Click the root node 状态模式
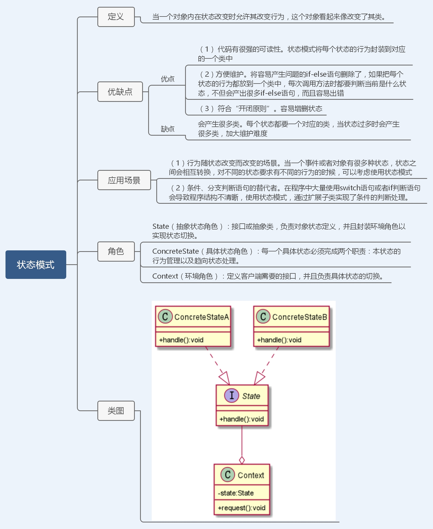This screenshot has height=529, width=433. pyautogui.click(x=36, y=264)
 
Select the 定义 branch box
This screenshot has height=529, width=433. pyautogui.click(x=116, y=17)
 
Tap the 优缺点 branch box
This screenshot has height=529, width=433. pyautogui.click(x=120, y=92)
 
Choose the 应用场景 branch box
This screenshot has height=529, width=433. pyautogui.click(x=124, y=180)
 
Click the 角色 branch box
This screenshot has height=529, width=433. pyautogui.click(x=116, y=251)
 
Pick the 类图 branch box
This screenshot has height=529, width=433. pyautogui.click(x=116, y=411)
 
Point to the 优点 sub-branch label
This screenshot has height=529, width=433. pyautogui.click(x=168, y=79)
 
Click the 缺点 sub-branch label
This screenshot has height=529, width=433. pyautogui.click(x=168, y=129)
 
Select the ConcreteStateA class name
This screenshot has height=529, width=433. pyautogui.click(x=202, y=317)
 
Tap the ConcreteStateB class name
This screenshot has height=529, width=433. pyautogui.click(x=300, y=317)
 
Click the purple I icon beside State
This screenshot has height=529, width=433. pyautogui.click(x=231, y=395)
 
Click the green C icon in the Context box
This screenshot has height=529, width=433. pyautogui.click(x=227, y=475)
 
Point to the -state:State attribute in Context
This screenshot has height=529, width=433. pyautogui.click(x=236, y=493)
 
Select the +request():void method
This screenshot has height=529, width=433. pyautogui.click(x=242, y=508)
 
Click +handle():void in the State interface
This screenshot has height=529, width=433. pyautogui.click(x=242, y=419)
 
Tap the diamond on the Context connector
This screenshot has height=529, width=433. pyautogui.click(x=242, y=460)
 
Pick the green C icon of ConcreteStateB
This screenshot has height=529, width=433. pyautogui.click(x=263, y=316)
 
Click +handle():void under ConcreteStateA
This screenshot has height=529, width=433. pyautogui.click(x=181, y=340)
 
